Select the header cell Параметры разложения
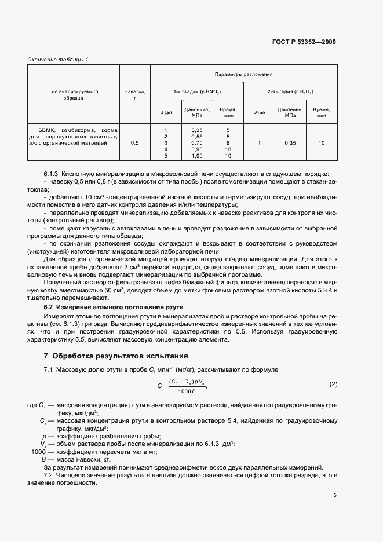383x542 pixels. tap(243, 74)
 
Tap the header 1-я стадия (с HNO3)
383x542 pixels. tap(197, 91)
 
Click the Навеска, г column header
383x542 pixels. tap(134, 94)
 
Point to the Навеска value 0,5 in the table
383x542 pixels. tap(134, 142)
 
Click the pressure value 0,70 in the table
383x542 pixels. tap(197, 142)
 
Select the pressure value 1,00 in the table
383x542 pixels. tap(197, 156)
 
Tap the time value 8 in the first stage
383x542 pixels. tap(228, 142)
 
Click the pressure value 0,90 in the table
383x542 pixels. tap(197, 149)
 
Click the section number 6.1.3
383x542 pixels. tap(52, 174)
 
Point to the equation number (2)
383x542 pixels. tap(333, 384)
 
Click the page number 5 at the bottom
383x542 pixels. tap(335, 495)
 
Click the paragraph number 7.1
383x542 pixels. tap(49, 369)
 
